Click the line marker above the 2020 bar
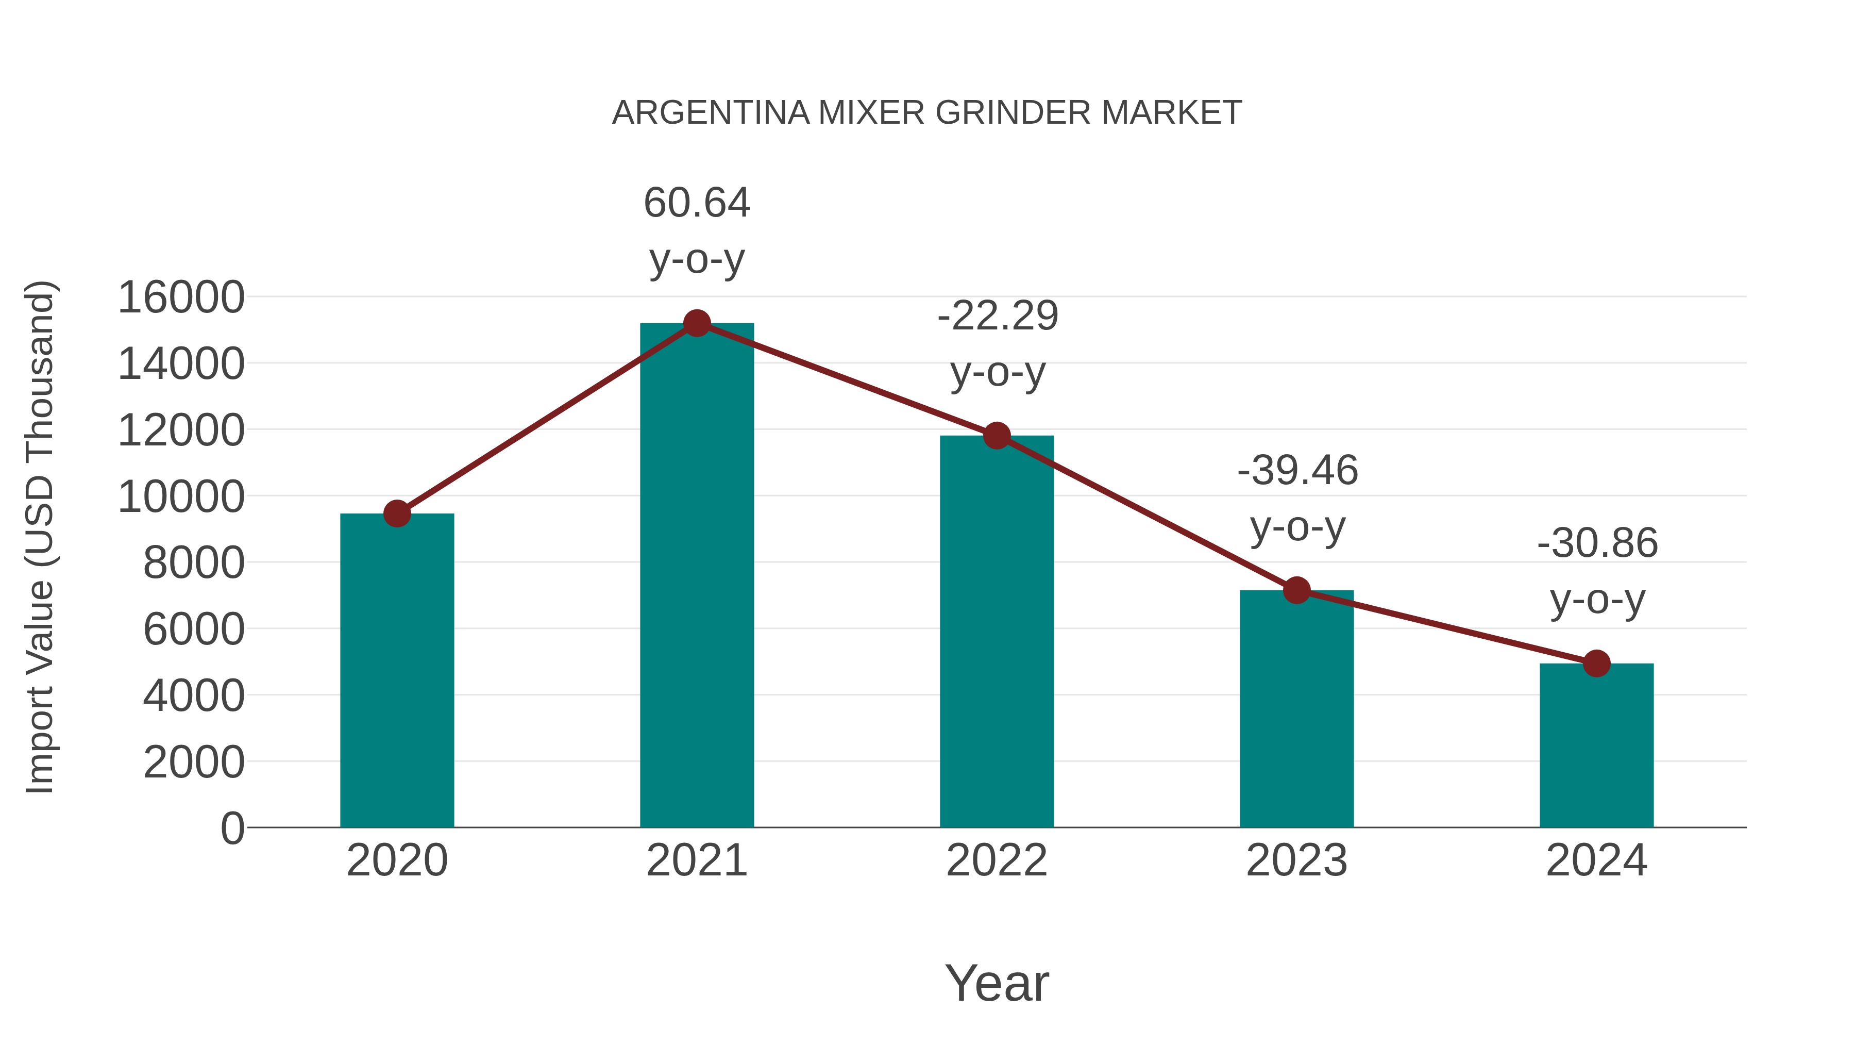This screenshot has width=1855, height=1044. pos(397,513)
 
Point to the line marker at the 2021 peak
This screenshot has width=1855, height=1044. pos(696,323)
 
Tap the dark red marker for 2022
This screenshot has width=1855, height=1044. pos(997,435)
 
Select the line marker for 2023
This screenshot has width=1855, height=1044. pos(1296,590)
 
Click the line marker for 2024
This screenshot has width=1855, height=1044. pos(1596,664)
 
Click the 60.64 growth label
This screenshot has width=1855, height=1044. pos(696,203)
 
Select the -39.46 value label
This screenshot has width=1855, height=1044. pos(1297,471)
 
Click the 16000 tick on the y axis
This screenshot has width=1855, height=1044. pos(181,297)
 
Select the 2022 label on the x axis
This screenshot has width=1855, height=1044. pos(997,860)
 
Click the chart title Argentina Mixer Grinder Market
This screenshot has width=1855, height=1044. pos(927,112)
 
